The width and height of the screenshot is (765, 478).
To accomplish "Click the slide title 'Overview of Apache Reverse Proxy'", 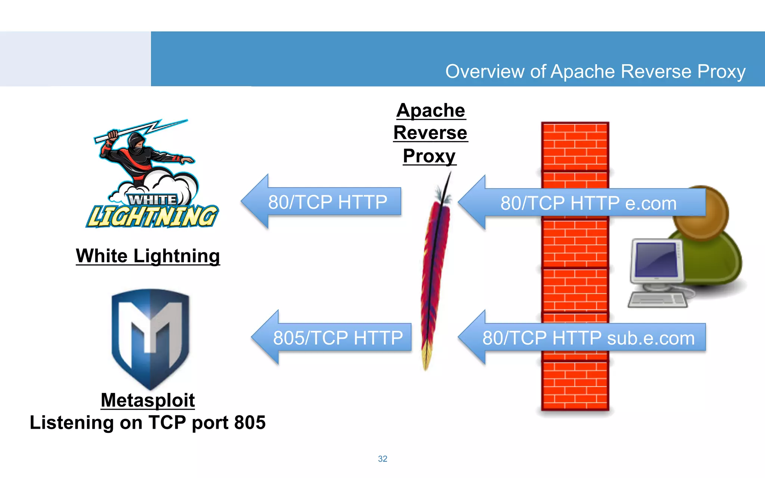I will [595, 71].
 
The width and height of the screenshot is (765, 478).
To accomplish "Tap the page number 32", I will [382, 459].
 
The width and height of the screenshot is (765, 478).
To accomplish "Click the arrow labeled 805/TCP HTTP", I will [336, 337].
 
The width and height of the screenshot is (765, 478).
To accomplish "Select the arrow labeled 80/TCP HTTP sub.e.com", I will [586, 338].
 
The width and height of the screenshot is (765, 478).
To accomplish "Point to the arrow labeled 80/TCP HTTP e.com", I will [586, 203].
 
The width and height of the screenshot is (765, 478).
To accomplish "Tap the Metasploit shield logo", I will [151, 336].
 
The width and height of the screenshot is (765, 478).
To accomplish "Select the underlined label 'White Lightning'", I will [148, 256].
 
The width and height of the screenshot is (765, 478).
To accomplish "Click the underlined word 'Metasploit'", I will [148, 400].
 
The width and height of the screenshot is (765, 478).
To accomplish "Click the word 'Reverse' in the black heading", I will [430, 133].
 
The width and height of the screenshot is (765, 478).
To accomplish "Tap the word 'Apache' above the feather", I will [431, 111].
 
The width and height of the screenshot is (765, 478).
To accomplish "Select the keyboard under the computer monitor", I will [657, 299].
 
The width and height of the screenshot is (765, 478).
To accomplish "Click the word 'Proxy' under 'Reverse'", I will [429, 156].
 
